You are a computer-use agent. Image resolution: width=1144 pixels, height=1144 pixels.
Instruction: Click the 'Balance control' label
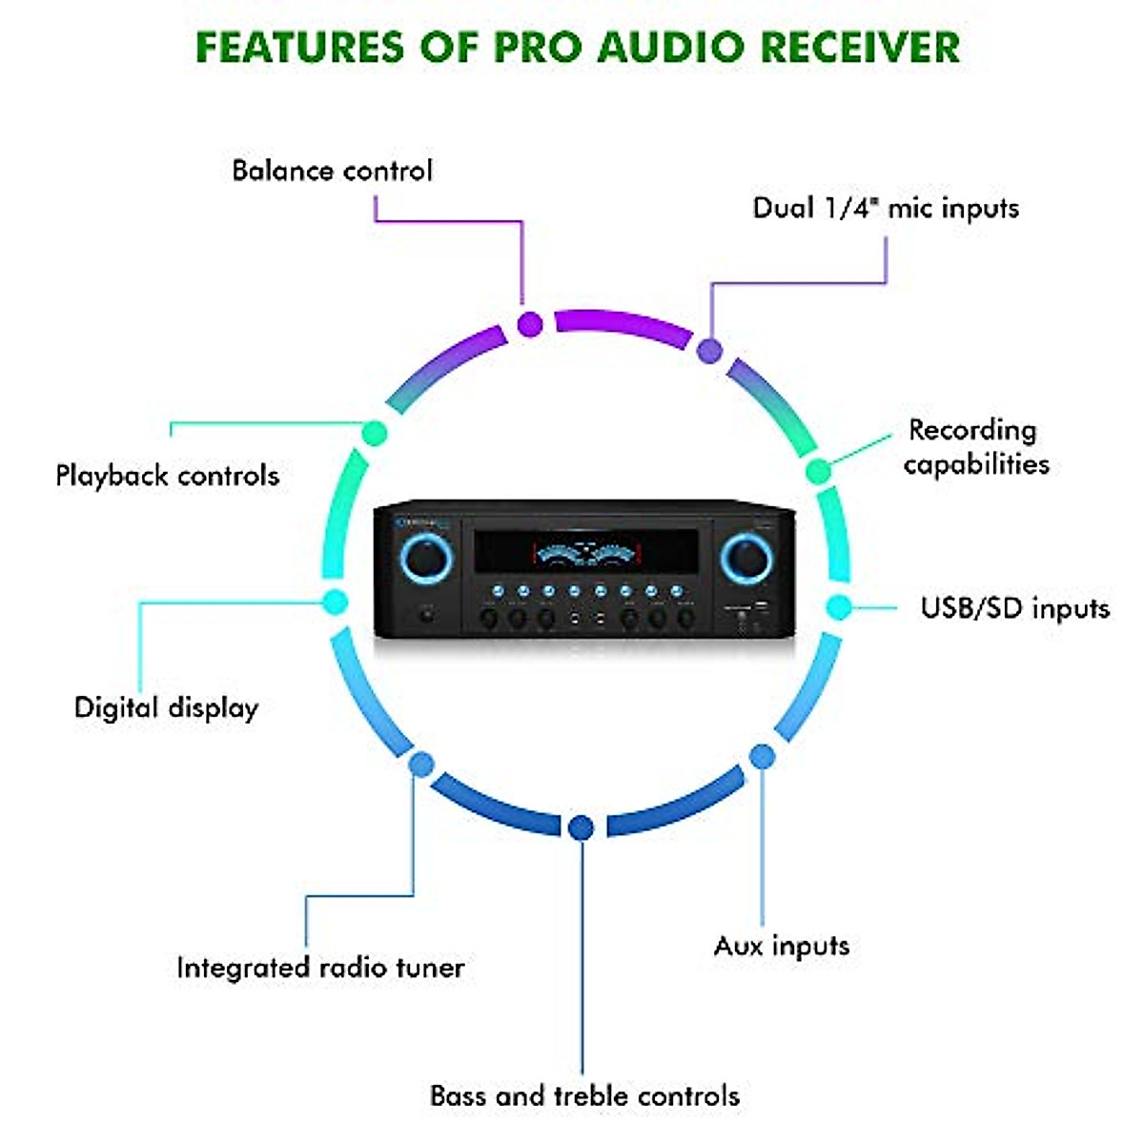pyautogui.click(x=332, y=171)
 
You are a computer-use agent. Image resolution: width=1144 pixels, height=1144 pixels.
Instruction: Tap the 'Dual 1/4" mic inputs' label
pyautogui.click(x=886, y=208)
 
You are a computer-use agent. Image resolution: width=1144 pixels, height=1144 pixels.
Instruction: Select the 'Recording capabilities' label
pyautogui.click(x=975, y=447)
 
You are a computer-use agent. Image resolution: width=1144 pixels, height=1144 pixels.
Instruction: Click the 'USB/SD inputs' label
pyautogui.click(x=1014, y=608)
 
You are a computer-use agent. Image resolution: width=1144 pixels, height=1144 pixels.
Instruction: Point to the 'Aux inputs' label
pyautogui.click(x=782, y=946)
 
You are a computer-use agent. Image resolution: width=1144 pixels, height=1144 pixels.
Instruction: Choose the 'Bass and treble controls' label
pyautogui.click(x=584, y=1095)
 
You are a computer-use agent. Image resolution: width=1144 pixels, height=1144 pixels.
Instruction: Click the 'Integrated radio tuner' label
pyautogui.click(x=320, y=968)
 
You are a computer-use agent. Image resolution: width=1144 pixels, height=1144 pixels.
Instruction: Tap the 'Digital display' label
pyautogui.click(x=167, y=707)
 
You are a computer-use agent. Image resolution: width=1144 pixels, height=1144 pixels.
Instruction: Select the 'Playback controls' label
pyautogui.click(x=168, y=475)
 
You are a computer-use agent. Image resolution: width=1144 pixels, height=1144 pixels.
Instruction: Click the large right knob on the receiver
pyautogui.click(x=746, y=558)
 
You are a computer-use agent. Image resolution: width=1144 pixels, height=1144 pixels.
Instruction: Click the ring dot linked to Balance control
pyautogui.click(x=530, y=324)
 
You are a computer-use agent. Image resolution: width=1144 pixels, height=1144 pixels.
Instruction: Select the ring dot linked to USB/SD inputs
pyautogui.click(x=838, y=607)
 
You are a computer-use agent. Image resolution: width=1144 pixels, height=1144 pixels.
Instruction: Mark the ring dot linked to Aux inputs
pyautogui.click(x=762, y=757)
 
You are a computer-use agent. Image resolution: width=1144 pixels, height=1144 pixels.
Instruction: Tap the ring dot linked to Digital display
pyautogui.click(x=334, y=602)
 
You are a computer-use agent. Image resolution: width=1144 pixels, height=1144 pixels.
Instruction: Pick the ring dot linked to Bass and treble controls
pyautogui.click(x=581, y=827)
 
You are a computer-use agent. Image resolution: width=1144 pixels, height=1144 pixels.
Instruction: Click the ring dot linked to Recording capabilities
pyautogui.click(x=817, y=471)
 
